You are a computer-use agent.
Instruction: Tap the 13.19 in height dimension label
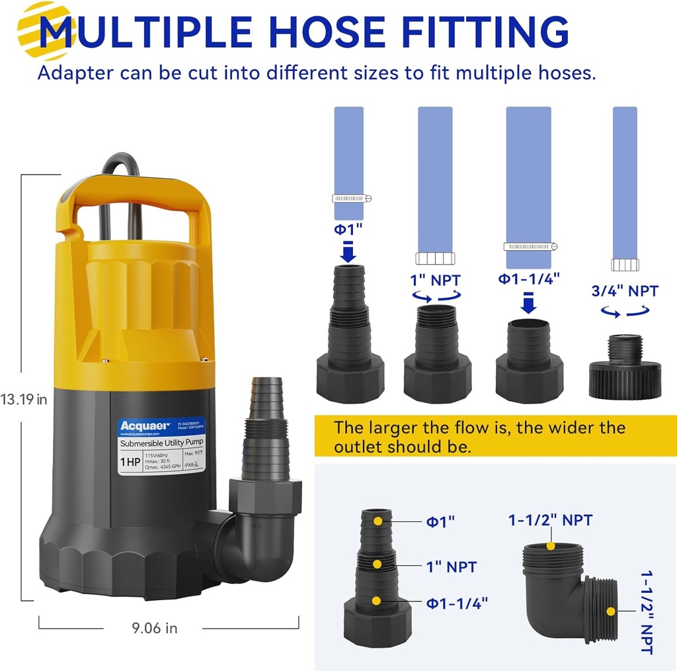(x=24, y=399)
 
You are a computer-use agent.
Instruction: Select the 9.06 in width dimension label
(x=153, y=628)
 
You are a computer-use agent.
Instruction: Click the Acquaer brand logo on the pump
(x=145, y=425)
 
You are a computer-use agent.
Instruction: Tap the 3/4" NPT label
(x=625, y=291)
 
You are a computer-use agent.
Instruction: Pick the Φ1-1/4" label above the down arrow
(x=529, y=278)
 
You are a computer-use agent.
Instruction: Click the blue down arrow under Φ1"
(x=349, y=252)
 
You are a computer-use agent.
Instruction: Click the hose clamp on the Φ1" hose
(x=351, y=198)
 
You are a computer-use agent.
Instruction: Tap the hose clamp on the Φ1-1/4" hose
(x=530, y=247)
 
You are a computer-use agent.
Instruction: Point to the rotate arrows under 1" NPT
(x=436, y=297)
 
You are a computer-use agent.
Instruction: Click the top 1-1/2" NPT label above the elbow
(x=550, y=520)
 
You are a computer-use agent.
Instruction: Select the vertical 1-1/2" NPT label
(x=646, y=613)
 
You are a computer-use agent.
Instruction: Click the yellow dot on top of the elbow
(x=551, y=546)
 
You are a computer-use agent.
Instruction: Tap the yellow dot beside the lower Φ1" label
(x=378, y=520)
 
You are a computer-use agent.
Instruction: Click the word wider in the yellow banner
(x=564, y=427)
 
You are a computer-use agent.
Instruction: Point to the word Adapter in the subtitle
(x=74, y=72)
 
